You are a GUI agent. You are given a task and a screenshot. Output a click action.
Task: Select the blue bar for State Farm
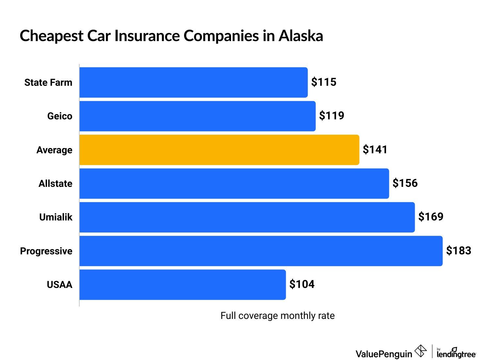pyautogui.click(x=194, y=82)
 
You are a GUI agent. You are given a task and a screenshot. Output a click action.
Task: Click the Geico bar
pyautogui.click(x=197, y=116)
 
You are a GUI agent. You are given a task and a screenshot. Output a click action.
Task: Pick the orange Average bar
pyautogui.click(x=219, y=150)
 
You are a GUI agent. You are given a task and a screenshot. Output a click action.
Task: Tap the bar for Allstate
pyautogui.click(x=234, y=184)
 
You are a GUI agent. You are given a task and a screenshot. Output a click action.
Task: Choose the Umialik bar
pyautogui.click(x=247, y=217)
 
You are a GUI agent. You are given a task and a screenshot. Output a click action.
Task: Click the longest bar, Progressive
pyautogui.click(x=261, y=251)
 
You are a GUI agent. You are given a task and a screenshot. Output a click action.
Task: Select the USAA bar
pyautogui.click(x=183, y=285)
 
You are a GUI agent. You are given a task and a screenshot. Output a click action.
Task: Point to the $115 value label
pyautogui.click(x=324, y=82)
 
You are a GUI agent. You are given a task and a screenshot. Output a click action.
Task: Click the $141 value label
pyautogui.click(x=375, y=150)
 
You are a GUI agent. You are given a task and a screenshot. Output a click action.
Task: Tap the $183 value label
pyautogui.click(x=459, y=251)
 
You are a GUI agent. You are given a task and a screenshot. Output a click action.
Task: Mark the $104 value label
pyautogui.click(x=302, y=284)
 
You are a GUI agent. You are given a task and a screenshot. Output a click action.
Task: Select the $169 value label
pyautogui.click(x=431, y=217)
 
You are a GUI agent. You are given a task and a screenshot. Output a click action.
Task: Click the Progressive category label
pyautogui.click(x=46, y=251)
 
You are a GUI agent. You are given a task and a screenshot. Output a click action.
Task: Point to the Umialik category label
pyautogui.click(x=56, y=217)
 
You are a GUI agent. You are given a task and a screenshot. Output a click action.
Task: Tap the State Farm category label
pyautogui.click(x=48, y=82)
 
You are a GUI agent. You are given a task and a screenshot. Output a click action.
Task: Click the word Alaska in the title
pyautogui.click(x=301, y=36)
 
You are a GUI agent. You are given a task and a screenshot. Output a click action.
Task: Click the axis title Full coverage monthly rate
pyautogui.click(x=277, y=316)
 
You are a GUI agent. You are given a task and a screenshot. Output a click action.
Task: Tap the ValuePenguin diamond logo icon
pyautogui.click(x=421, y=351)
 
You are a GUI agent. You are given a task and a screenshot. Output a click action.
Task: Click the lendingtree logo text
pyautogui.click(x=456, y=354)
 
